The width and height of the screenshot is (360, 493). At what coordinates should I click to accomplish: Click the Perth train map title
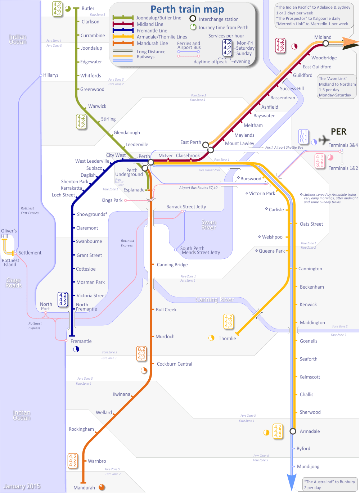tap(187, 9)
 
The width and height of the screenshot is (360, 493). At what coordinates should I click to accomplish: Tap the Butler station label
tap(88, 8)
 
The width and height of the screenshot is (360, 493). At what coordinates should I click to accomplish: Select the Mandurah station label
tap(84, 488)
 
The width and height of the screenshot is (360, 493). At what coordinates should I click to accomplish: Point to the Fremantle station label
tap(81, 341)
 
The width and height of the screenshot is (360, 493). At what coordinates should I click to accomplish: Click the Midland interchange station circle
tap(325, 44)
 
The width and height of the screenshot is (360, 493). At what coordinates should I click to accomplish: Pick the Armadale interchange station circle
tap(293, 431)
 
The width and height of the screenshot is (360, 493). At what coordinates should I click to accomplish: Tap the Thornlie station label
tap(228, 338)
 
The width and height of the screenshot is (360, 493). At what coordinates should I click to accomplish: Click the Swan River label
tap(209, 225)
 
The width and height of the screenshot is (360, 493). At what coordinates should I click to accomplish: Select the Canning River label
tap(215, 299)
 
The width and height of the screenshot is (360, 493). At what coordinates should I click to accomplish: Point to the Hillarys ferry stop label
tap(51, 75)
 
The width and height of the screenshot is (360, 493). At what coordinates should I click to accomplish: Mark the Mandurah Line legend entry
tap(152, 43)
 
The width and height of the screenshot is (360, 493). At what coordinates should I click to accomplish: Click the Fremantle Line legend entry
tap(152, 31)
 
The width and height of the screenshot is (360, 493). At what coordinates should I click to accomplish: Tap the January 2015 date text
tap(22, 486)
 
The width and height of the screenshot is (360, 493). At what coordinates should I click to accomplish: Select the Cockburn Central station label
tap(175, 364)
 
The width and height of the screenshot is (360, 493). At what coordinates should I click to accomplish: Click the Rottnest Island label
tap(10, 262)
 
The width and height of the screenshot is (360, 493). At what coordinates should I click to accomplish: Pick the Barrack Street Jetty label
tap(186, 207)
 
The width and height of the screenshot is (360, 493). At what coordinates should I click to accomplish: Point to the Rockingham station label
tap(81, 429)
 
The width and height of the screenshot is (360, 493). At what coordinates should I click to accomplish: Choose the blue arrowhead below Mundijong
tap(291, 482)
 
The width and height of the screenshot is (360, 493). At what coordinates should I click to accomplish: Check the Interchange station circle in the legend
tap(193, 18)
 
